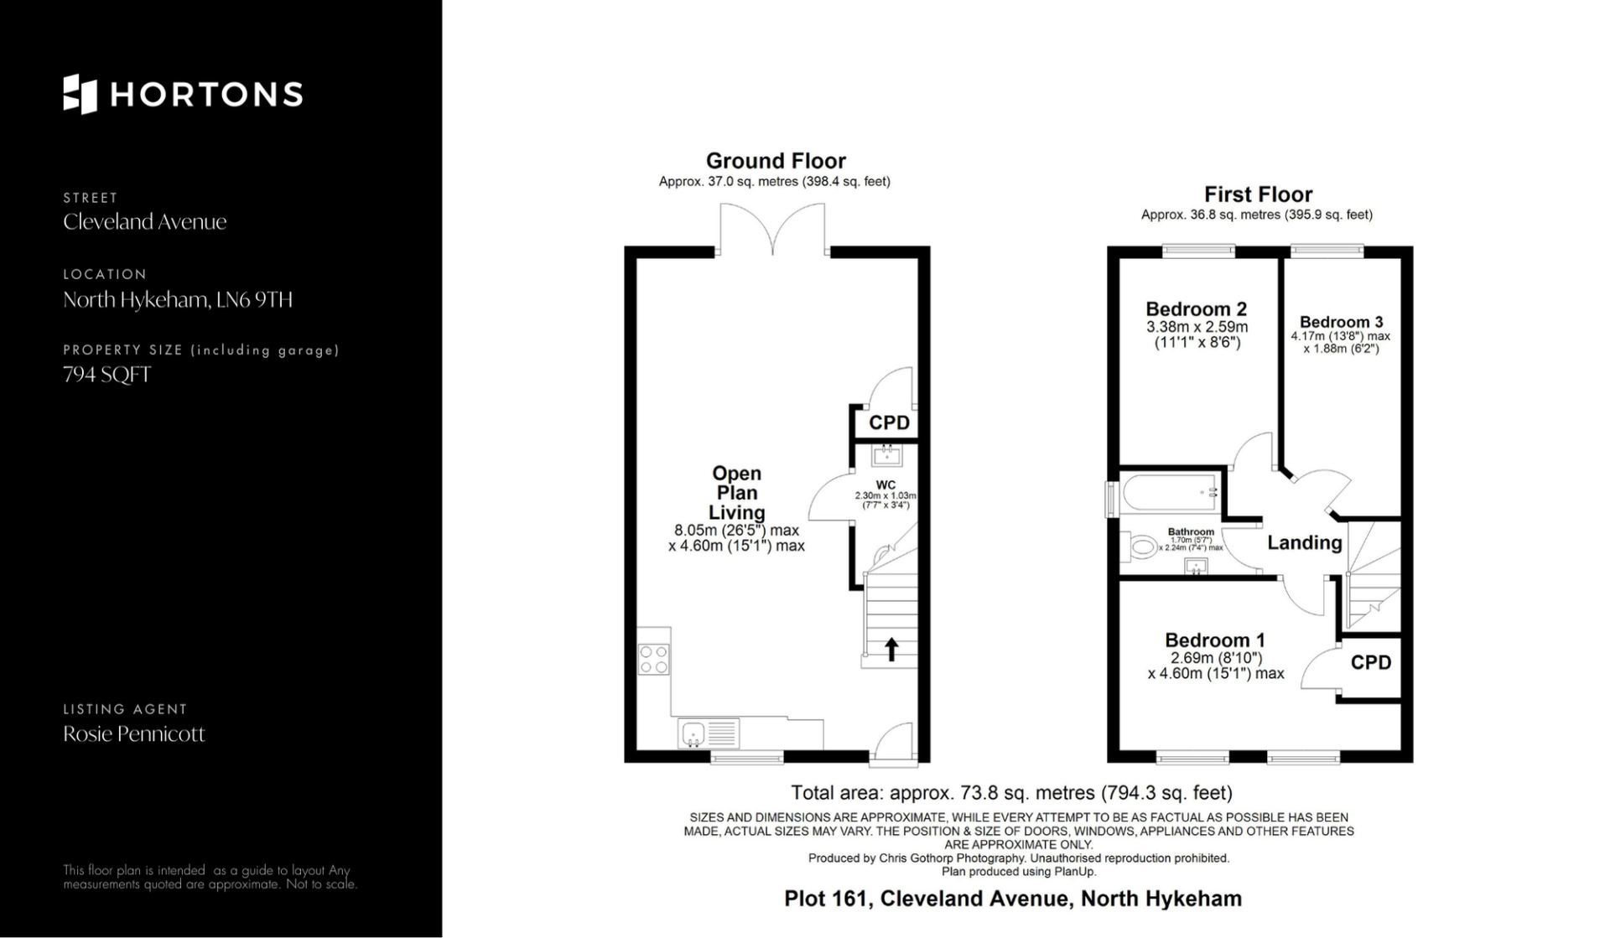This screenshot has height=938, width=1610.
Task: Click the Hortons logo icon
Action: coord(80,94)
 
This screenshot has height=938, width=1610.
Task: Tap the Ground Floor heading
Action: coord(776,161)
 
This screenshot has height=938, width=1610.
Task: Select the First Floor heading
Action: coord(1258,194)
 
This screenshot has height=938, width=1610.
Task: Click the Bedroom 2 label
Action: coord(1197,309)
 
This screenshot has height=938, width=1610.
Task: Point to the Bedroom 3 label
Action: coord(1341,322)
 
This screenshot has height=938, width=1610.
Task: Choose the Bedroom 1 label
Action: coord(1215,640)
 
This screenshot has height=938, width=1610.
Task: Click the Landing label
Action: coord(1305,543)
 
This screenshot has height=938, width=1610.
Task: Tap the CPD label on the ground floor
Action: coord(889,422)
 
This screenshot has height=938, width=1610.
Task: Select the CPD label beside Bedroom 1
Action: coord(1371,663)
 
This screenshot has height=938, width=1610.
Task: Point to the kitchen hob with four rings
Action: coord(654,659)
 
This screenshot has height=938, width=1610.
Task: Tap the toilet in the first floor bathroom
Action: coord(1139,548)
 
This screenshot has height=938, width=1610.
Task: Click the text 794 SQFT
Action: coord(107,375)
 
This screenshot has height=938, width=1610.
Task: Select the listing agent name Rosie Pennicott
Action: coord(134,734)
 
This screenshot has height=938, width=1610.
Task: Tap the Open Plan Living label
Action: coord(737,493)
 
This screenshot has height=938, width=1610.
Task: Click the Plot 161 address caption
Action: coord(1013,899)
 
